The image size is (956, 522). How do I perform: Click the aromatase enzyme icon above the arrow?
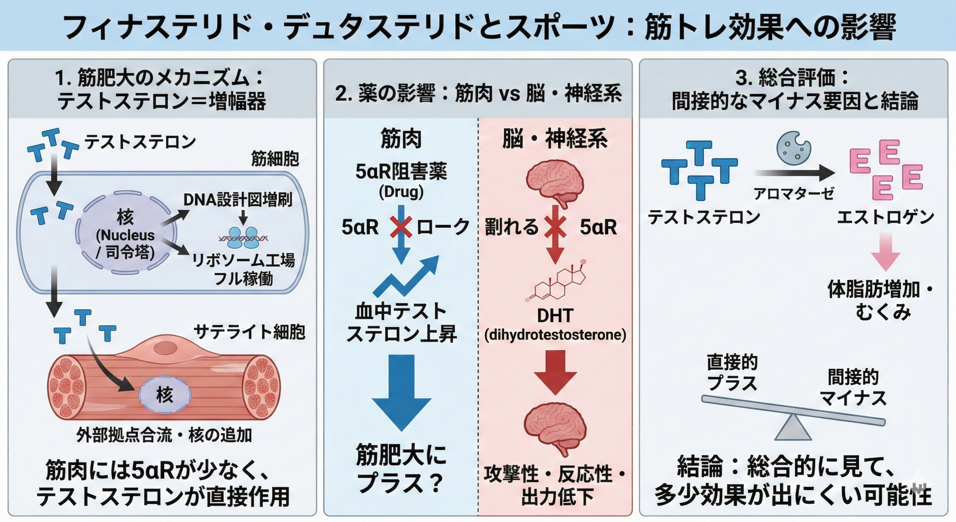pos(793,148)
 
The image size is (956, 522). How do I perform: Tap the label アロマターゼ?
pos(794,194)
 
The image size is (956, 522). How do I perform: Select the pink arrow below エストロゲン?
pos(885,252)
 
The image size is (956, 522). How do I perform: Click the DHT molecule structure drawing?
pos(556,282)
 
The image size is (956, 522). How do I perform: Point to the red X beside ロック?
pos(401,227)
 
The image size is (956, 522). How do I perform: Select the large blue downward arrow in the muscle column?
pos(401,391)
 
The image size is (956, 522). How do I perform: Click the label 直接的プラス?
pos(732,372)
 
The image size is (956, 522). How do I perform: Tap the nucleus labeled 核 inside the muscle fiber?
pos(165,395)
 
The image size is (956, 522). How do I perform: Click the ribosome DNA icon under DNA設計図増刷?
pos(243,238)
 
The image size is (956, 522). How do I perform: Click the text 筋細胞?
pos(275,159)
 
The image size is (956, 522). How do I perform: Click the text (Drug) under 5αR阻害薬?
pos(401,192)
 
